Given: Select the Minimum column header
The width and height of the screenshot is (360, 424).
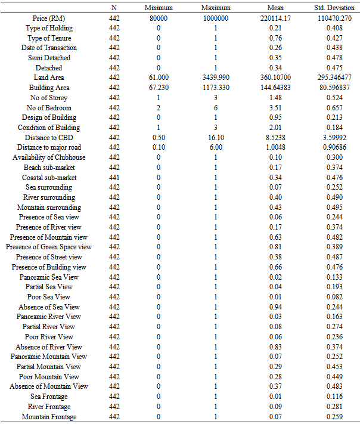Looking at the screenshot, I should (159, 8).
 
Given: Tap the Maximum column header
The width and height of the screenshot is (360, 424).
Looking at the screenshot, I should (216, 8).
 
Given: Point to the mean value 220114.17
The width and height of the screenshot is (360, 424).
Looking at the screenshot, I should (276, 18).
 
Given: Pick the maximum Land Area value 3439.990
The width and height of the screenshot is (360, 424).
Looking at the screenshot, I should (216, 78).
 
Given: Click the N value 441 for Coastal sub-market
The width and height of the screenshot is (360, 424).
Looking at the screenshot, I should (114, 177).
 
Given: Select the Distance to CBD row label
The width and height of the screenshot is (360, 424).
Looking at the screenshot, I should (49, 137).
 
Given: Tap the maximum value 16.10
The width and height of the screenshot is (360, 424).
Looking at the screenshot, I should (216, 137).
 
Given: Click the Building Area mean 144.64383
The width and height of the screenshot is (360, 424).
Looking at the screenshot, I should (276, 88).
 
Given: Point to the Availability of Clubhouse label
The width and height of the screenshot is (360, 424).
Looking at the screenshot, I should (49, 157).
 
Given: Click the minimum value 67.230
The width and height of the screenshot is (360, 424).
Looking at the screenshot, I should (159, 88).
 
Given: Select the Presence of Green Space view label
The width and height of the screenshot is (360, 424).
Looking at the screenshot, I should (49, 247).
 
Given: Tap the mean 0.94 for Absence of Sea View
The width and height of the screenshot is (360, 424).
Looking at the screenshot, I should (276, 307).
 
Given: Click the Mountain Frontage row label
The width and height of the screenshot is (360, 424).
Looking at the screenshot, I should (49, 416).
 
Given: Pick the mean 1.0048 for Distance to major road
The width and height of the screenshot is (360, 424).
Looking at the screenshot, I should (276, 147).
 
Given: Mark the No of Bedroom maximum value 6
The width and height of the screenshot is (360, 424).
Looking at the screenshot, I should (216, 107).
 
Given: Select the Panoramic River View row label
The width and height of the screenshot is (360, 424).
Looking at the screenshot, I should (49, 317).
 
